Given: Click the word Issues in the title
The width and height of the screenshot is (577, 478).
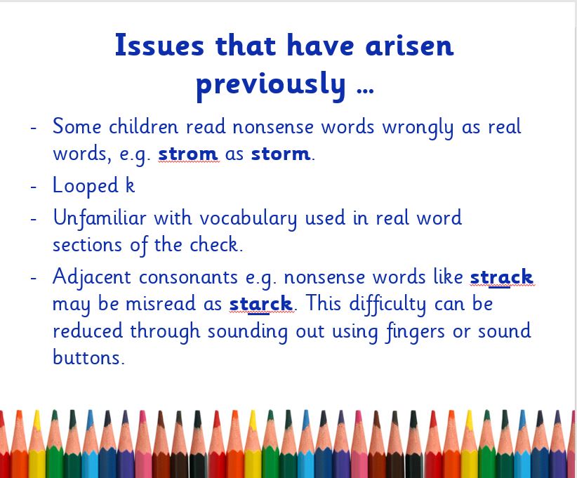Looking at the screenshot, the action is (159, 45).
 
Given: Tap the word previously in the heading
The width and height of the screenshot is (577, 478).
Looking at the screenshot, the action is (270, 86).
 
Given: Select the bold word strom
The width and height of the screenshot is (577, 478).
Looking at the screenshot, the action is (187, 154).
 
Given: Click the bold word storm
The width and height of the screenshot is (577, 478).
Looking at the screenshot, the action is (281, 154).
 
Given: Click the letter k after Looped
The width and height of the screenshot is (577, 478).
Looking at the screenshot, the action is (131, 185).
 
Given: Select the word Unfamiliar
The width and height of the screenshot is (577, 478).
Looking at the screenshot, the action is (100, 218).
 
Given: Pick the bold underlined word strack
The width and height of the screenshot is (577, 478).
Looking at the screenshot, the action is (502, 277).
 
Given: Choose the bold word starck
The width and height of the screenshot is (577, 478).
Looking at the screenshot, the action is (260, 304).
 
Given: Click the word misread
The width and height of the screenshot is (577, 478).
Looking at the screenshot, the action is (161, 304).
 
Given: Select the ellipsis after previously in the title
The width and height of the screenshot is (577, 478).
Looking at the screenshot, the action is (366, 91).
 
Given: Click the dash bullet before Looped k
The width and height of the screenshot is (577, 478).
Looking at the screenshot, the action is (34, 187).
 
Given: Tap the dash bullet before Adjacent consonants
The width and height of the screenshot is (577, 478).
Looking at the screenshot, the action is (34, 278).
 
